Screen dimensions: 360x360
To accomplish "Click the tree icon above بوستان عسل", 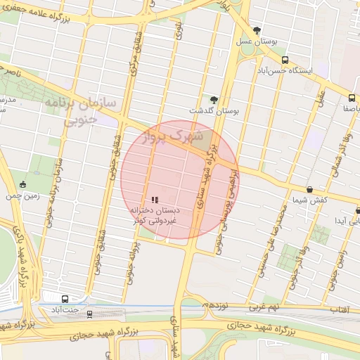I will click(x=257, y=31).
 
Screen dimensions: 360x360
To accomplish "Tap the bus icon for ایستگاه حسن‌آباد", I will click(x=285, y=60).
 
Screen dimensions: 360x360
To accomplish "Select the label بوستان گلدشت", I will click(x=214, y=111).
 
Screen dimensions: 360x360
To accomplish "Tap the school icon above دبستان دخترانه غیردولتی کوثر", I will click(x=155, y=200).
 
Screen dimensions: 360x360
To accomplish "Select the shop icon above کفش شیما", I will click(x=310, y=189).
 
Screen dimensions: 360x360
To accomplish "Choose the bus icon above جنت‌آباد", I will click(x=65, y=298).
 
